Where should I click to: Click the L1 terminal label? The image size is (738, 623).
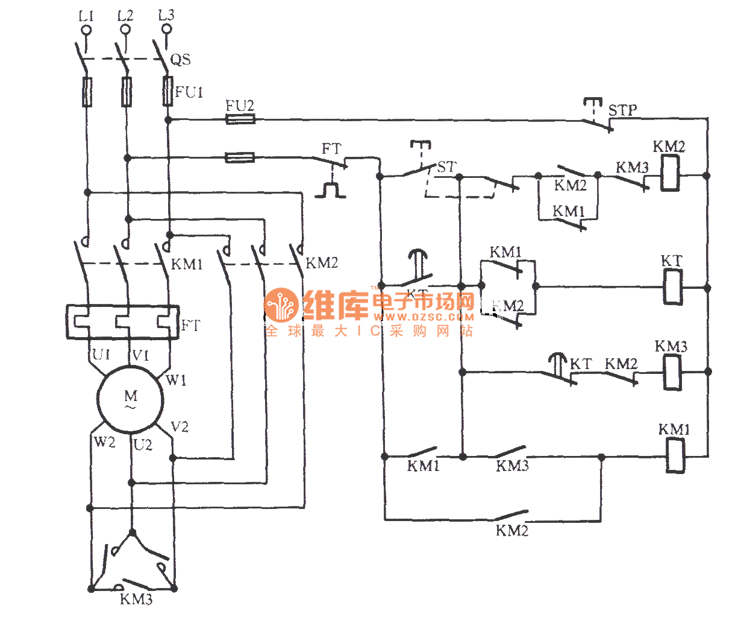click(x=86, y=16)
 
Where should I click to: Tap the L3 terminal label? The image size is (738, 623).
click(x=166, y=15)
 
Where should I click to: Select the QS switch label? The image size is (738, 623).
click(x=181, y=59)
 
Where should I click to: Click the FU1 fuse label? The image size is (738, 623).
click(x=189, y=92)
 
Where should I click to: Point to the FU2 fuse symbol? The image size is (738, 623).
click(x=240, y=119)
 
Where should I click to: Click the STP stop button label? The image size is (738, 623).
click(x=622, y=110)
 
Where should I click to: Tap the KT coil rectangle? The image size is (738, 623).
click(x=672, y=286)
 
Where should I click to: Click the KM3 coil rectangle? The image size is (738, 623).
click(x=672, y=372)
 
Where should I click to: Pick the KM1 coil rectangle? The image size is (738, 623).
click(x=675, y=455)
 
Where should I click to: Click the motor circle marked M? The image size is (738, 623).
click(x=131, y=399)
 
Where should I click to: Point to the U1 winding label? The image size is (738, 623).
click(x=101, y=354)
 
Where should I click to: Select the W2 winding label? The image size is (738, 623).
click(x=104, y=442)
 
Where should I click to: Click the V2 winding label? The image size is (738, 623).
click(x=180, y=427)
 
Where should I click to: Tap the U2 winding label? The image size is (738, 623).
click(x=143, y=446)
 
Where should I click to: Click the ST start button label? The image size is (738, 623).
click(x=446, y=167)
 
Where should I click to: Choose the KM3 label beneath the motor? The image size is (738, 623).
click(x=136, y=599)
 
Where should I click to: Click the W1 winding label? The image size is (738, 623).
click(x=176, y=380)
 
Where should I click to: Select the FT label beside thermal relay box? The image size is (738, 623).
click(x=190, y=326)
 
